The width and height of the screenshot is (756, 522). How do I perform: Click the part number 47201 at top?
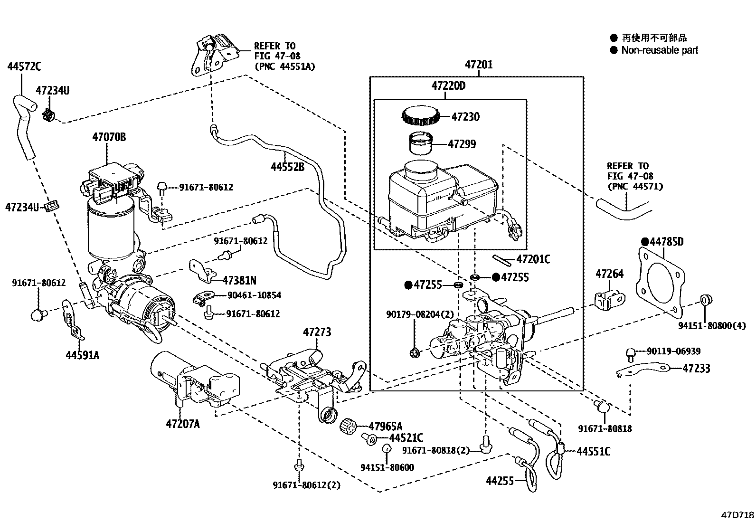pyautogui.click(x=478, y=65)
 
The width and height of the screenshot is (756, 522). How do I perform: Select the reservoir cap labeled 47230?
pyautogui.click(x=419, y=116)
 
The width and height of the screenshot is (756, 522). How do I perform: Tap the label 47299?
pyautogui.click(x=462, y=144)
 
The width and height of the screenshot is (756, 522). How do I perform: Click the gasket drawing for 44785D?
pyautogui.click(x=660, y=280)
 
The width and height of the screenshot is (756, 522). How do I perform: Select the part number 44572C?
pyautogui.click(x=24, y=66)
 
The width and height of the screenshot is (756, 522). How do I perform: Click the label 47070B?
pyautogui.click(x=109, y=137)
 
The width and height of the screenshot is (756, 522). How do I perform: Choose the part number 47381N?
pyautogui.click(x=239, y=280)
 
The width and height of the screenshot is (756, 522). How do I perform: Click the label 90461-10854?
pyautogui.click(x=254, y=295)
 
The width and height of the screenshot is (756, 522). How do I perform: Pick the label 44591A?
pyautogui.click(x=83, y=355)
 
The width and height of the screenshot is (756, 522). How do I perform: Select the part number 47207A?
pyautogui.click(x=182, y=423)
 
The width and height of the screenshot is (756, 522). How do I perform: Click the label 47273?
pyautogui.click(x=317, y=332)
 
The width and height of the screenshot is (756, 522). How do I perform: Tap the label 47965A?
pyautogui.click(x=386, y=426)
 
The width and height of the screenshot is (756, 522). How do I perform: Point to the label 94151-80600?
pyautogui.click(x=387, y=467)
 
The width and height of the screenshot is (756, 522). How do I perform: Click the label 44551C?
pyautogui.click(x=593, y=451)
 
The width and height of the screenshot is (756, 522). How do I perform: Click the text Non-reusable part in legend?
pyautogui.click(x=660, y=50)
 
